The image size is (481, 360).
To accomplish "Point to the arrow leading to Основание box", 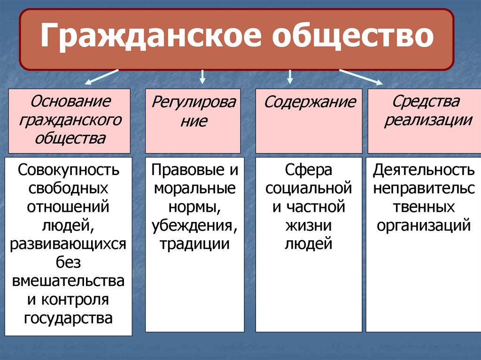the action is (101, 77).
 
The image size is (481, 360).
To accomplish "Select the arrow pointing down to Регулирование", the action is (202, 76).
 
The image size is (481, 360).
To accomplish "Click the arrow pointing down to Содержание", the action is (290, 76).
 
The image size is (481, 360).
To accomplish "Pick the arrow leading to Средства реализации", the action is (361, 77).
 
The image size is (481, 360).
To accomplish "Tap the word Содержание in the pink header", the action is (310, 102).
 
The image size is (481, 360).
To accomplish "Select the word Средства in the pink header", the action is (426, 101).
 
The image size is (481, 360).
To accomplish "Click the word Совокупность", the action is (69, 170).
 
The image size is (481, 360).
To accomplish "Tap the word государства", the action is (69, 318).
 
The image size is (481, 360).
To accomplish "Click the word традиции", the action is (194, 244).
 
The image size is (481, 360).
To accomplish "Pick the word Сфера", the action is (309, 170).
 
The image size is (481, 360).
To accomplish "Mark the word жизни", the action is (309, 225).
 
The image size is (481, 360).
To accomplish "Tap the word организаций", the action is (423, 225).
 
